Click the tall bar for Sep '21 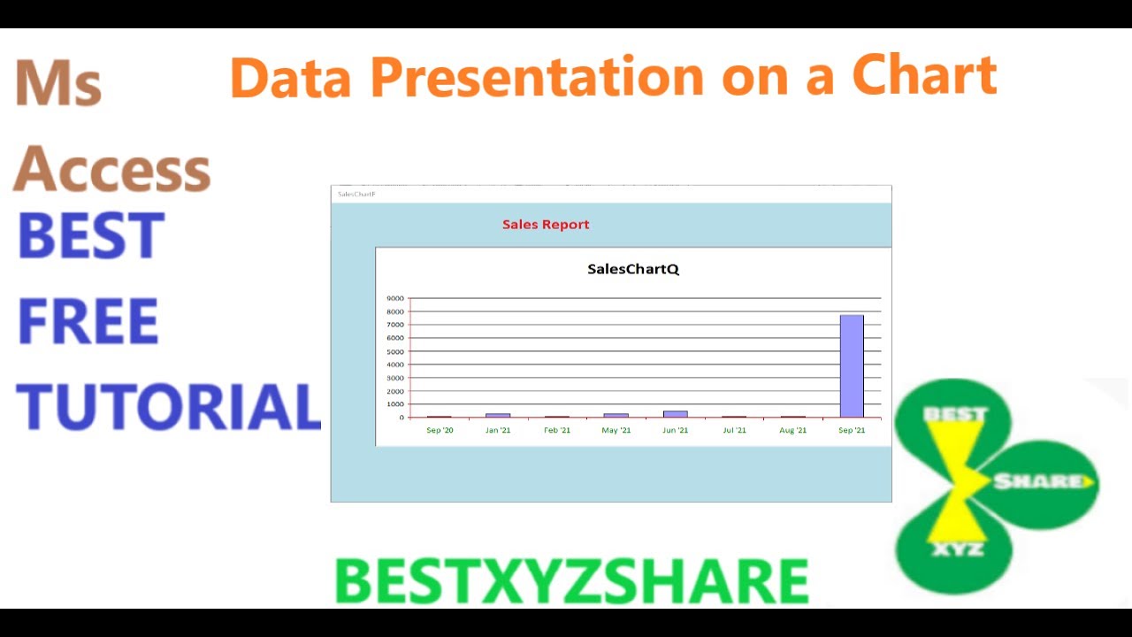click(852, 366)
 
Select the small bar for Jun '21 click(675, 413)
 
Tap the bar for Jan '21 click(498, 415)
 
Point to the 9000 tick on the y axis click(395, 298)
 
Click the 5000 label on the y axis click(395, 351)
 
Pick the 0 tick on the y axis click(401, 418)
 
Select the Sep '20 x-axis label click(440, 431)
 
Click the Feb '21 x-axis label click(557, 431)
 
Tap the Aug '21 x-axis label click(793, 431)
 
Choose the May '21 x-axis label click(616, 431)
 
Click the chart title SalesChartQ click(633, 269)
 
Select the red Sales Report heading click(546, 225)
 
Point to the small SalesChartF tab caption click(356, 194)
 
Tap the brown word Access click(112, 168)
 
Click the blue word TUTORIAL click(168, 408)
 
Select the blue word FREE click(88, 322)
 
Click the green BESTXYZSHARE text click(571, 582)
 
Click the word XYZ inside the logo click(959, 549)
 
